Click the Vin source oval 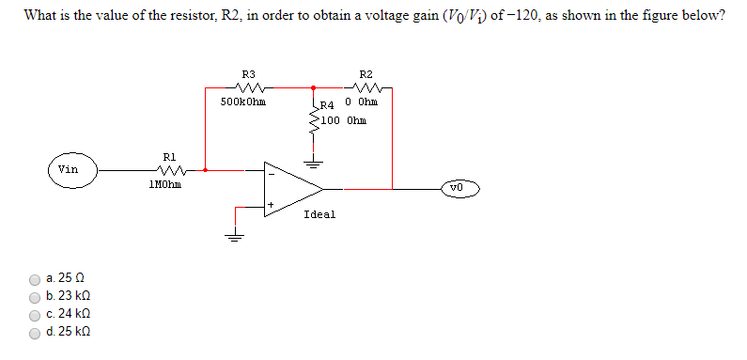coord(68,170)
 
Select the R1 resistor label coord(169,157)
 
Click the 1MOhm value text coord(167,185)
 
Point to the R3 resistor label coord(248,73)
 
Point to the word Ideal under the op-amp coord(319,214)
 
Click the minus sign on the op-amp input coord(272,172)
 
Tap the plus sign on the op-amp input coord(272,204)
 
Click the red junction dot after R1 coord(206,170)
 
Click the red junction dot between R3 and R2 coord(312,87)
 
